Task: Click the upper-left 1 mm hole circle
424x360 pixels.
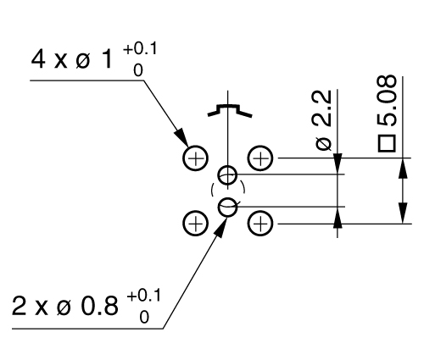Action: pos(183,158)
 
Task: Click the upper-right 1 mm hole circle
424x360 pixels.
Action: pos(248,158)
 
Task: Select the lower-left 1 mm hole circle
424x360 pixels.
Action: pos(183,224)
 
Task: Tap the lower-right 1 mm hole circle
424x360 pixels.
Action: pos(248,224)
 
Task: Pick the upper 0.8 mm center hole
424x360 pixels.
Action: pos(218,174)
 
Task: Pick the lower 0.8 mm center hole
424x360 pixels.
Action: pos(218,208)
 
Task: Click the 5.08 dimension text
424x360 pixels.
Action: pos(387,100)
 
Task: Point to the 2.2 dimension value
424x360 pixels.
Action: pos(322,108)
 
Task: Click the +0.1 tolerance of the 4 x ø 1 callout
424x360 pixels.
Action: pos(140,49)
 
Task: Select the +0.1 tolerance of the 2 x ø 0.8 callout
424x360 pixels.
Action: pos(143,296)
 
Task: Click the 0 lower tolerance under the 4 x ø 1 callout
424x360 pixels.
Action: pos(138,70)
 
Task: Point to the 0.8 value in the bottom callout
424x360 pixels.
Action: pos(99,307)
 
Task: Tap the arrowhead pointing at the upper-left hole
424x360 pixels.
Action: pos(181,137)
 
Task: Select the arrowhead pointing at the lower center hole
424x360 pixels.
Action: pos(220,226)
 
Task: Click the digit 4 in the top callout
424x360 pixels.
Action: pos(38,59)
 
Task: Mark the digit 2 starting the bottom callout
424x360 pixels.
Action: pos(19,306)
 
